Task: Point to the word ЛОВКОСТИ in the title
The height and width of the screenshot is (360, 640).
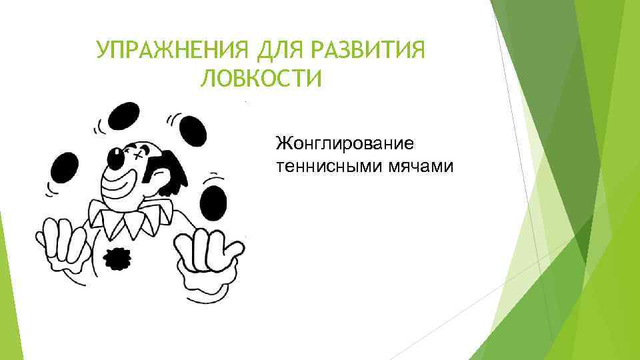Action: pyautogui.click(x=260, y=79)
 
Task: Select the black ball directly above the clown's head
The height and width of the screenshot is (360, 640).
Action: pyautogui.click(x=123, y=116)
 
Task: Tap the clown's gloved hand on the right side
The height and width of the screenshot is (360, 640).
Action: pyautogui.click(x=207, y=256)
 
